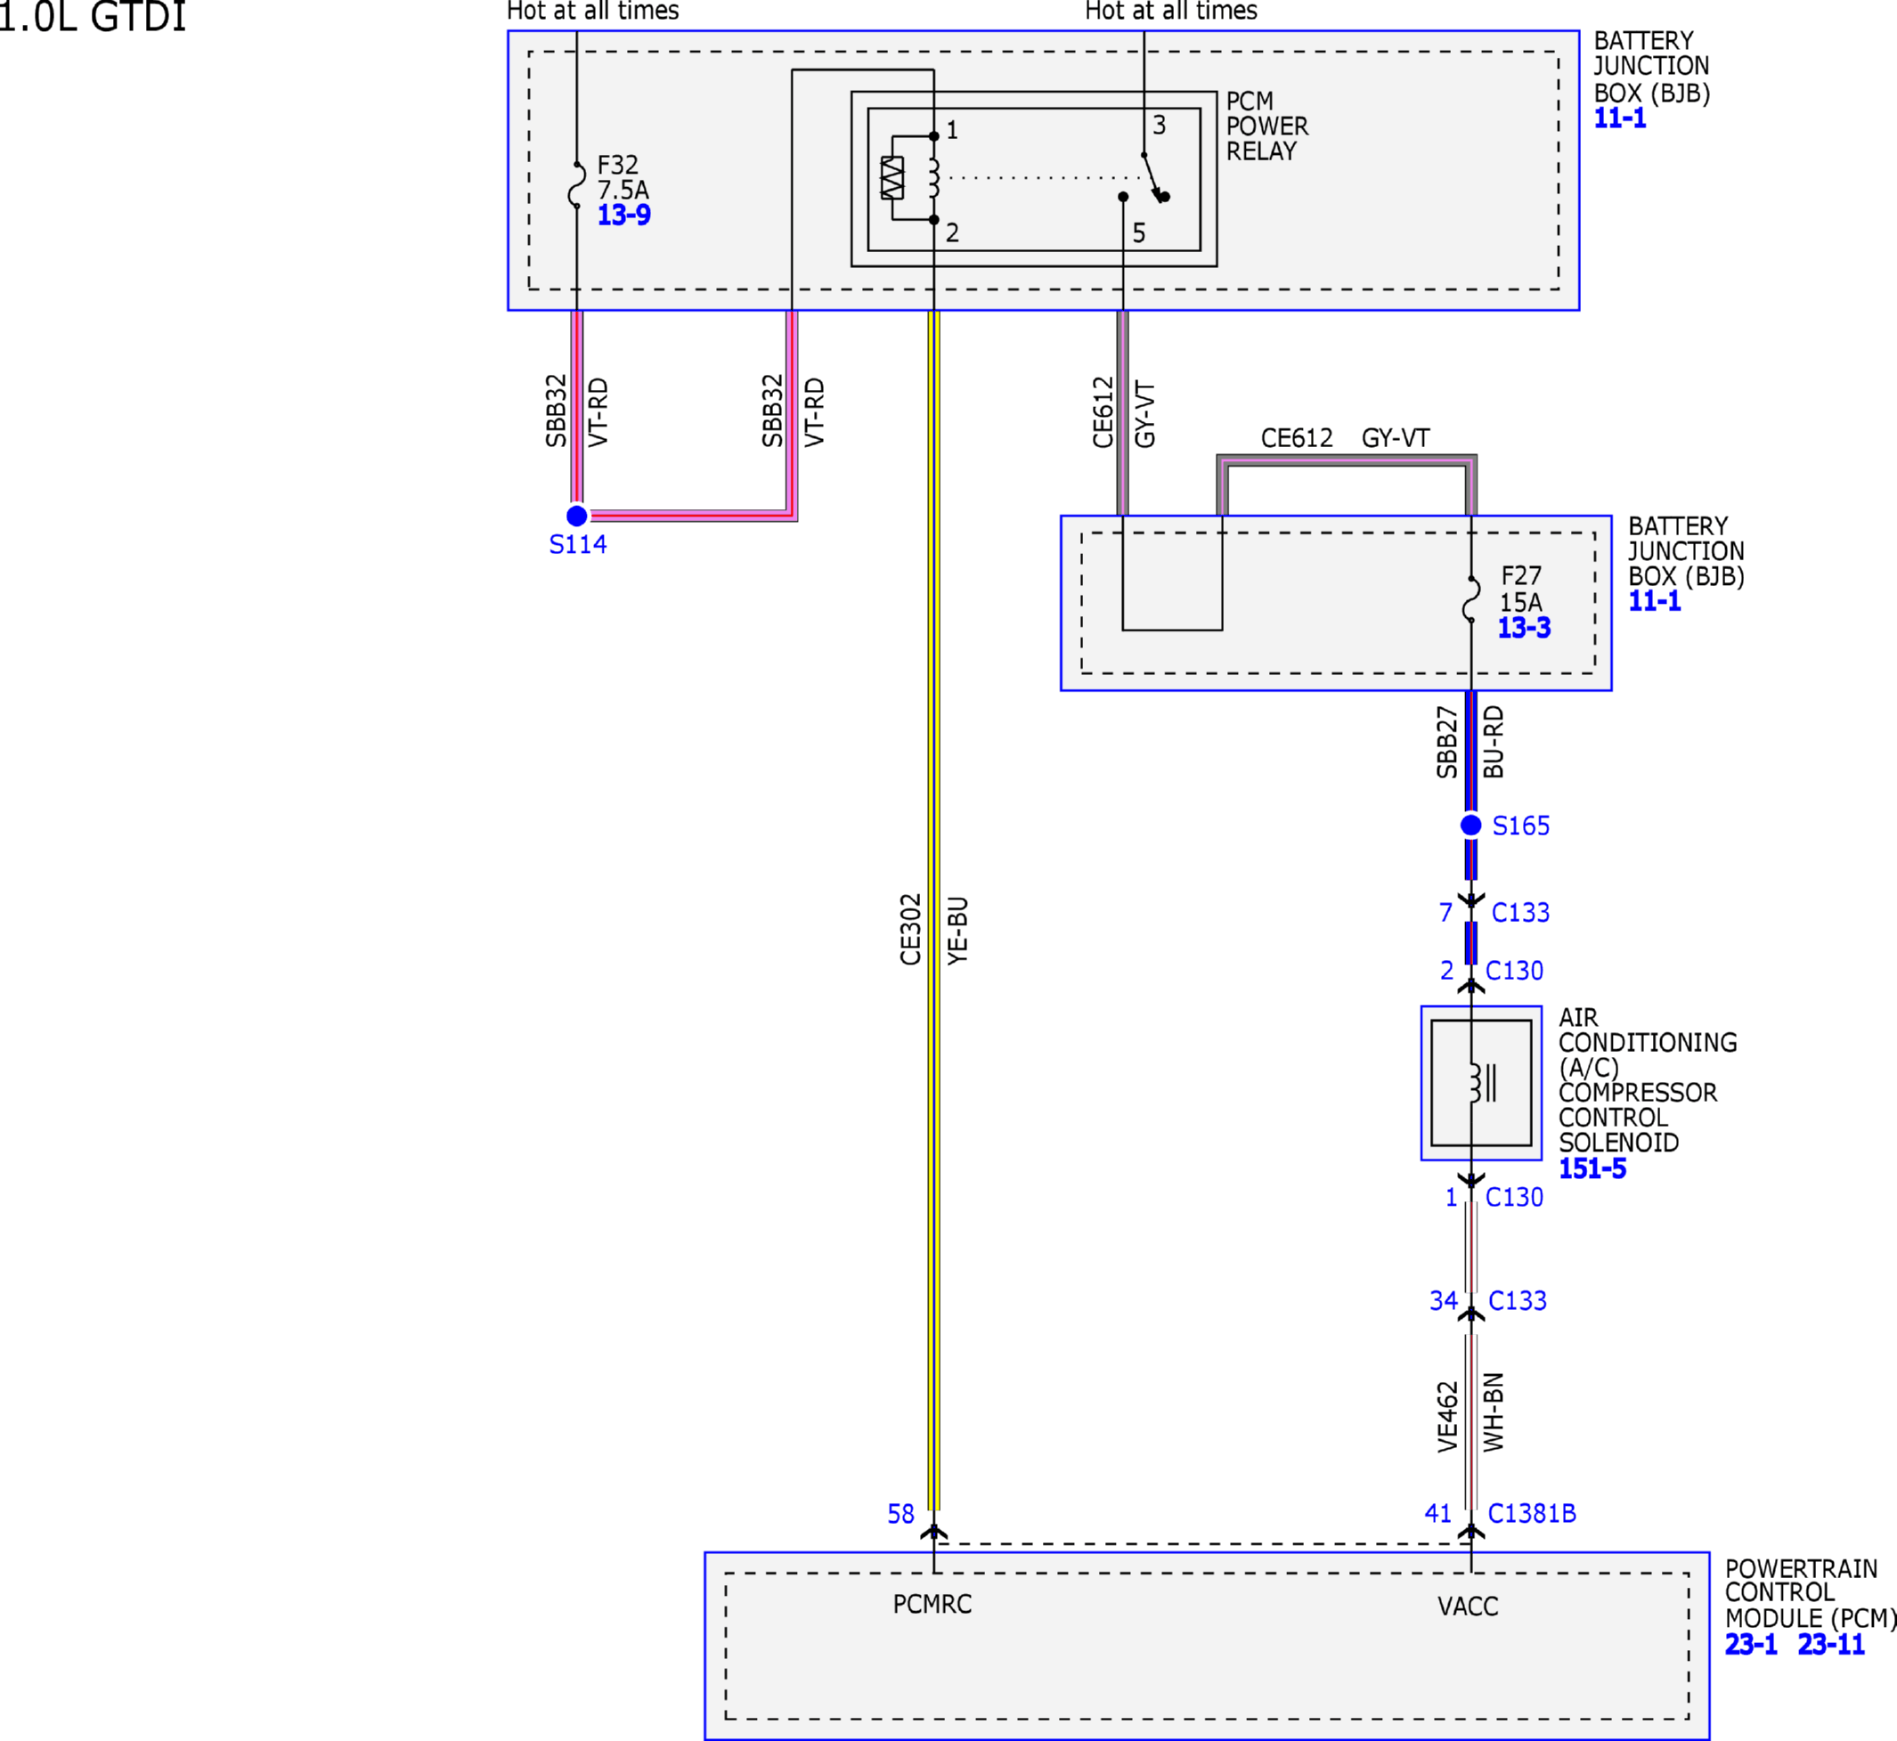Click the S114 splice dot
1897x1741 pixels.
pyautogui.click(x=577, y=516)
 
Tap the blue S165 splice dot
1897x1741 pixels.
pyautogui.click(x=1471, y=826)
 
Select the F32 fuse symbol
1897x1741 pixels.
pyautogui.click(x=577, y=184)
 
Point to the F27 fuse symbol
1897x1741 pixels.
pyautogui.click(x=1471, y=599)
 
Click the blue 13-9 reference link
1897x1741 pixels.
pyautogui.click(x=623, y=215)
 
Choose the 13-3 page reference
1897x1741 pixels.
pyautogui.click(x=1525, y=628)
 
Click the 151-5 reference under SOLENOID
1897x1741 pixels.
pyautogui.click(x=1592, y=1168)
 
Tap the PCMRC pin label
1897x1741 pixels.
pyautogui.click(x=932, y=1604)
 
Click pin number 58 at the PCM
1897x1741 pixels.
pyautogui.click(x=901, y=1514)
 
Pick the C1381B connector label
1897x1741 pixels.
pyautogui.click(x=1533, y=1513)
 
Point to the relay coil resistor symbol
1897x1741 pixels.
pyautogui.click(x=892, y=178)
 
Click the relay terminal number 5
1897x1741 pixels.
pyautogui.click(x=1139, y=232)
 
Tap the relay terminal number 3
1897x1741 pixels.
pyautogui.click(x=1159, y=125)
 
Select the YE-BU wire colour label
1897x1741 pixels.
pyautogui.click(x=957, y=931)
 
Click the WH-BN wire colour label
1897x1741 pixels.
pyautogui.click(x=1494, y=1412)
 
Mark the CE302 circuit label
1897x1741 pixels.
pyautogui.click(x=910, y=930)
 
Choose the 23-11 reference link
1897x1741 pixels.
pyautogui.click(x=1831, y=1644)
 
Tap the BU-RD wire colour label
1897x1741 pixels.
pyautogui.click(x=1494, y=743)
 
